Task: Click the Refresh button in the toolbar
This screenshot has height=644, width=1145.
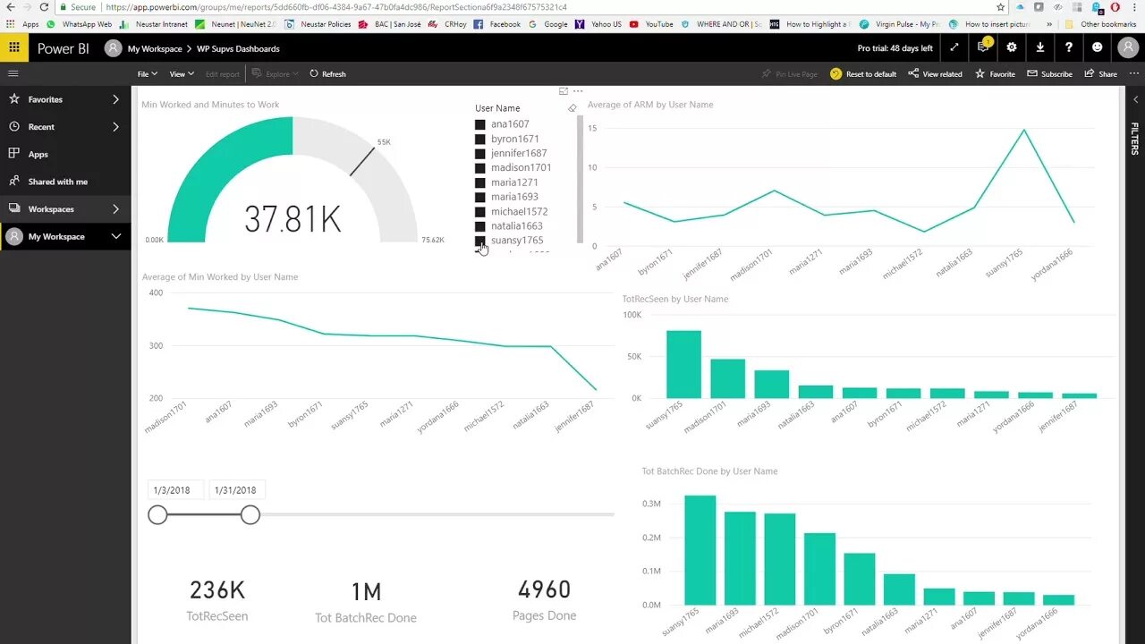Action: pyautogui.click(x=328, y=74)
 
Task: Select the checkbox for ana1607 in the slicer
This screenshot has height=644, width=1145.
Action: pyautogui.click(x=480, y=124)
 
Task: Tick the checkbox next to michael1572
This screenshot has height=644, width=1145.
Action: pyautogui.click(x=480, y=212)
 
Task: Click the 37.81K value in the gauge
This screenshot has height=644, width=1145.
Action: pyautogui.click(x=293, y=219)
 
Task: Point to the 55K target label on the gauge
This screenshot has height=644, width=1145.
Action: pyautogui.click(x=384, y=142)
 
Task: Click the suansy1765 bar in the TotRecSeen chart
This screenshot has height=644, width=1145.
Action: pyautogui.click(x=683, y=364)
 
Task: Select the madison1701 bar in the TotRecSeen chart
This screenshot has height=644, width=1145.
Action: pyautogui.click(x=727, y=378)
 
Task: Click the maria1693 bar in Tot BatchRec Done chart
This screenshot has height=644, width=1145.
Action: pyautogui.click(x=740, y=558)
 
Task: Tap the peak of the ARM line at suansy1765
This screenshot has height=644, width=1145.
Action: pyautogui.click(x=1024, y=131)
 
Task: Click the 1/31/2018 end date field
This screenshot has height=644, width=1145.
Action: pyautogui.click(x=235, y=490)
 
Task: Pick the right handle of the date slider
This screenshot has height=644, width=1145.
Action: pyautogui.click(x=250, y=514)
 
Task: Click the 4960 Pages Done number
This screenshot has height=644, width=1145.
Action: pyautogui.click(x=544, y=590)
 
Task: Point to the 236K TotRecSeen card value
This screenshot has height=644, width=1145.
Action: pyautogui.click(x=216, y=590)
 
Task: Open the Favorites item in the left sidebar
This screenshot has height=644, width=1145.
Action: pyautogui.click(x=46, y=99)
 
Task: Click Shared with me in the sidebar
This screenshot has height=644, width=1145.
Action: pyautogui.click(x=57, y=182)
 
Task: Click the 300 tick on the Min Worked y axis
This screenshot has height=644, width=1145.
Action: pyautogui.click(x=157, y=345)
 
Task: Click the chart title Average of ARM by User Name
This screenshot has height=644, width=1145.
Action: pyautogui.click(x=650, y=105)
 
